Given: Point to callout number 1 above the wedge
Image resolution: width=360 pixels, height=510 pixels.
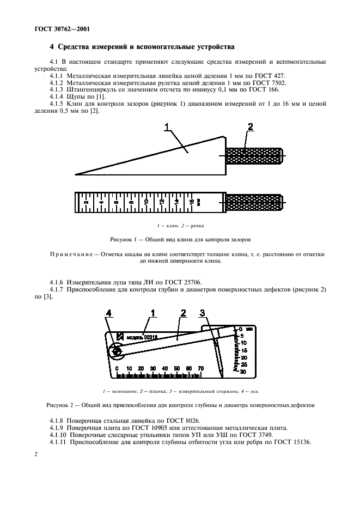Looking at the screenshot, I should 168,128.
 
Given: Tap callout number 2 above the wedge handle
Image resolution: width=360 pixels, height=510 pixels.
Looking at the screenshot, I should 250,127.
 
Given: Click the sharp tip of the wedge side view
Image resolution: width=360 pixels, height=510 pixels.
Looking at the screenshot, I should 76,174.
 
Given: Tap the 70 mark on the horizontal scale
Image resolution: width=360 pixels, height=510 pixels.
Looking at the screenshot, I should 200,369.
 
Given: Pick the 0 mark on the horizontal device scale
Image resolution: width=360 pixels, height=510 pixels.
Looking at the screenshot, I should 117,369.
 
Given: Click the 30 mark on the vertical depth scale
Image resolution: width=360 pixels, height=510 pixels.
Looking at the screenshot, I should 243,371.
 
